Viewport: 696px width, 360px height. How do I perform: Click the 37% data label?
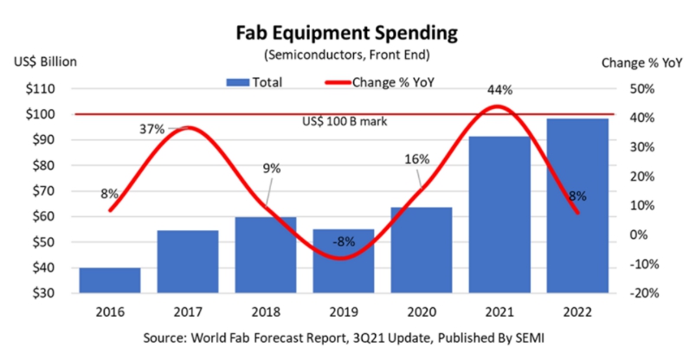coord(152,130)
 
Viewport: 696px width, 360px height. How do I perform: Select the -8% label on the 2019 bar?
coord(344,241)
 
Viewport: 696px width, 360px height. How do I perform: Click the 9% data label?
coord(271,168)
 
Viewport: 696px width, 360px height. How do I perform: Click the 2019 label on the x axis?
coord(343,309)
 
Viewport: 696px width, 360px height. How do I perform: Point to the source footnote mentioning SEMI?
coord(347,334)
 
